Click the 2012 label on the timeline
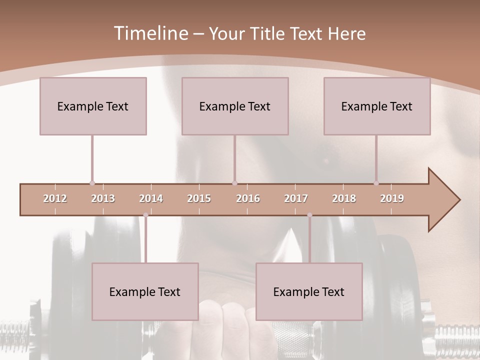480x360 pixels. pyautogui.click(x=55, y=198)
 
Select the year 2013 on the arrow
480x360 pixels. pyautogui.click(x=103, y=198)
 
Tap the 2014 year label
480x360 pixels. pyautogui.click(x=151, y=198)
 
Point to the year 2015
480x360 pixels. pyautogui.click(x=199, y=198)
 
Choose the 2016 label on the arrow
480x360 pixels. pyautogui.click(x=248, y=198)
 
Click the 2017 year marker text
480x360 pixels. pyautogui.click(x=296, y=198)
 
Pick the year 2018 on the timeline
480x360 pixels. pyautogui.click(x=344, y=198)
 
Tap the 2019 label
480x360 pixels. pyautogui.click(x=392, y=198)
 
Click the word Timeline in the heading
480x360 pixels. pyautogui.click(x=150, y=33)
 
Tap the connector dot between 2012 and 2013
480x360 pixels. pyautogui.click(x=92, y=183)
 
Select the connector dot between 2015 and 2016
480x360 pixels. pyautogui.click(x=234, y=183)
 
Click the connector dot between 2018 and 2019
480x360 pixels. pyautogui.click(x=376, y=183)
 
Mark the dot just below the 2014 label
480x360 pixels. pyautogui.click(x=145, y=215)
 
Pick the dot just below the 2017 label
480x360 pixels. pyautogui.click(x=309, y=215)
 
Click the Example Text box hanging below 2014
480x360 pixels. pyautogui.click(x=145, y=291)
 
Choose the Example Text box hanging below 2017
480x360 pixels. pyautogui.click(x=309, y=291)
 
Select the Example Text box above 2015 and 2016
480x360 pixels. pyautogui.click(x=235, y=106)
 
